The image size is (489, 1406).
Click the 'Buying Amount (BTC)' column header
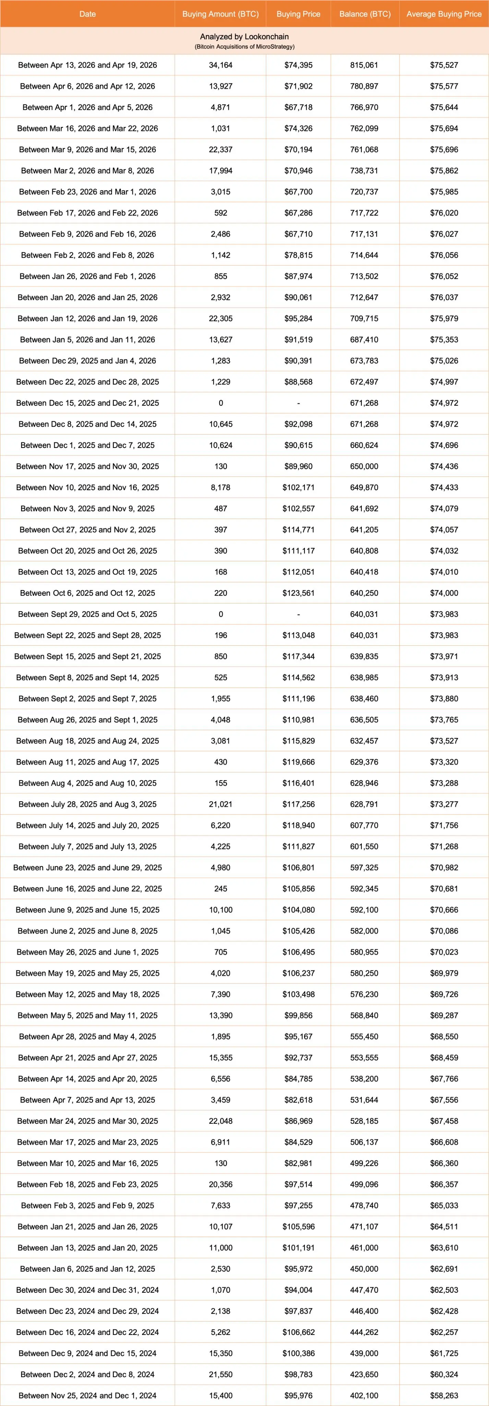pos(220,14)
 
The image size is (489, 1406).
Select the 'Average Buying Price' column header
pos(444,14)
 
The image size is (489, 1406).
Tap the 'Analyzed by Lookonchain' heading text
pos(244,37)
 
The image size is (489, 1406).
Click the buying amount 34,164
pos(220,65)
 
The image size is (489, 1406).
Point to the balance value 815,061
pos(364,65)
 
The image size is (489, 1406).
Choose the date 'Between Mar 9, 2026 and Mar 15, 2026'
pos(87,150)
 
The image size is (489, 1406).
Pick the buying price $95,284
pos(298,319)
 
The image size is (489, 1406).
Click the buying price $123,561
pos(298,593)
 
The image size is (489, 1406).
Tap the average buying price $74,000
pos(444,593)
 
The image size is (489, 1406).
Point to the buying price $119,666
pos(298,762)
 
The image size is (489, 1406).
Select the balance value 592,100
pos(364,910)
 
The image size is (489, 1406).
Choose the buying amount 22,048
pos(220,1121)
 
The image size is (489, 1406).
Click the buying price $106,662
pos(298,1332)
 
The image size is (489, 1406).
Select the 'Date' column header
pos(87,14)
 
